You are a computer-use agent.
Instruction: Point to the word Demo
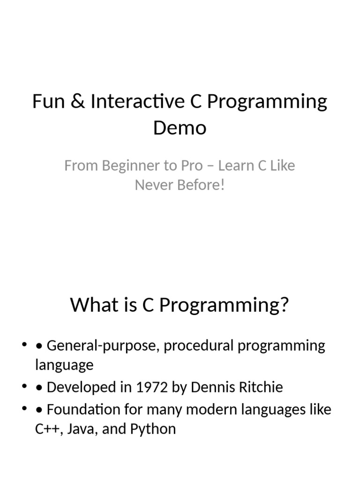pos(180,127)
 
